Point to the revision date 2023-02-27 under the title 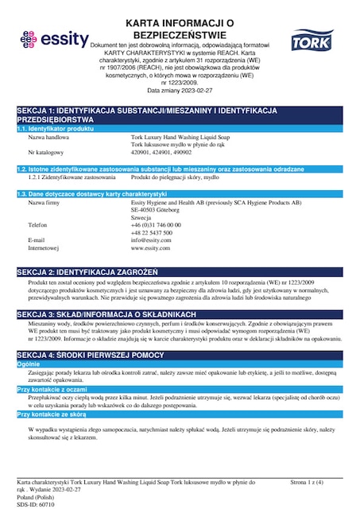(204, 91)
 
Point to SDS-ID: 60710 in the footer (37, 503)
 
